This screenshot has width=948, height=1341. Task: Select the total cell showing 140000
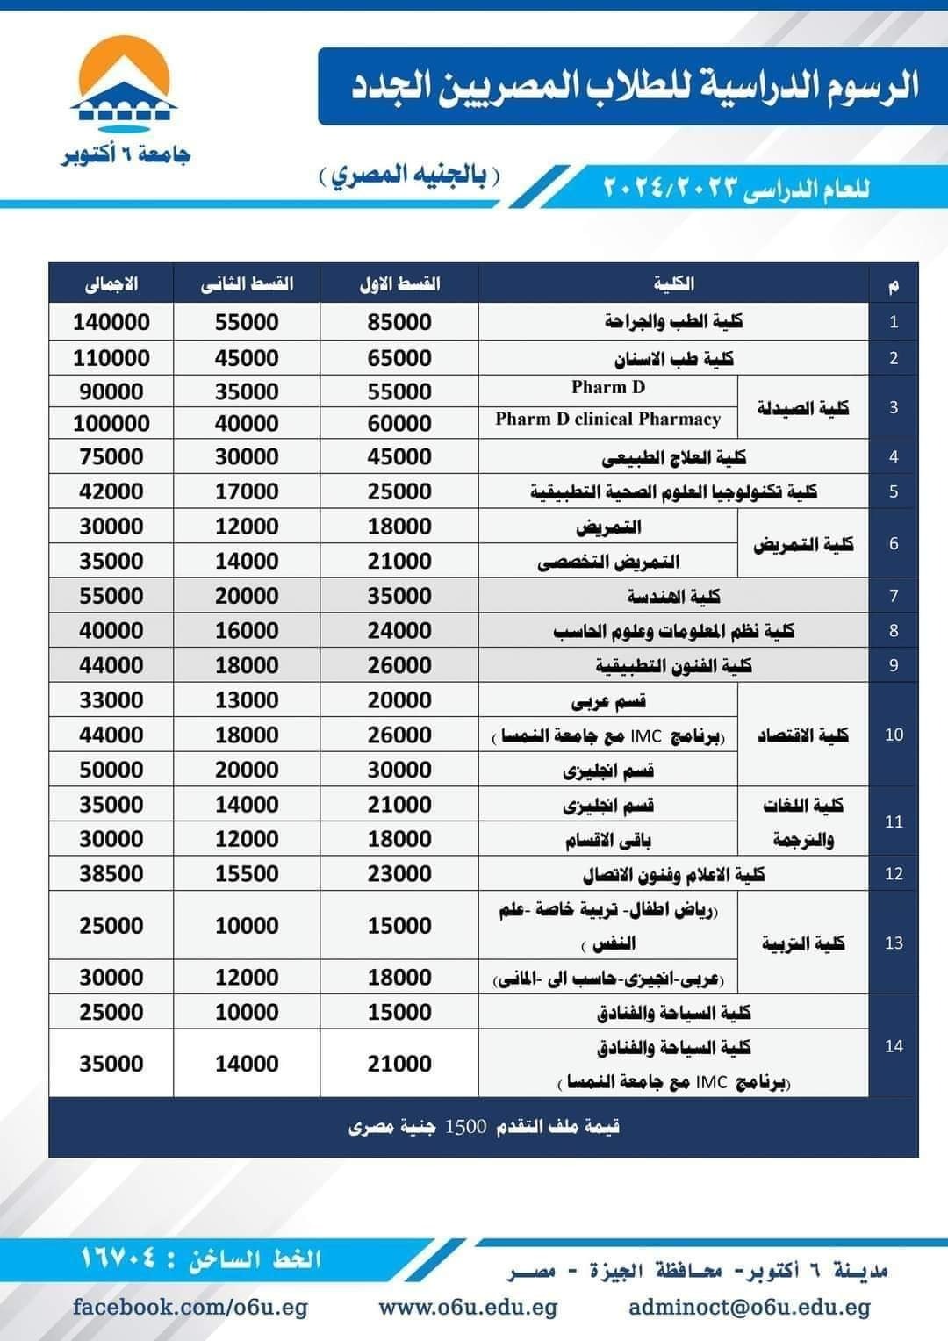111,322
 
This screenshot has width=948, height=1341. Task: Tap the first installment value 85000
399,322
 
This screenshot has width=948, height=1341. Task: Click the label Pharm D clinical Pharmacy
607,420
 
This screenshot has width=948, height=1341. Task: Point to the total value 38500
111,874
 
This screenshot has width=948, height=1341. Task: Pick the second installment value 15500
247,874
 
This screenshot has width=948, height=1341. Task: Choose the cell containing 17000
247,491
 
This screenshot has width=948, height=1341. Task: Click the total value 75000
111,456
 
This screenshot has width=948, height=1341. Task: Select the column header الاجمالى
111,284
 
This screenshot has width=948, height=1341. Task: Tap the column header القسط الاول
399,284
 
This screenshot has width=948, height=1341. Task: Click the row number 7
894,596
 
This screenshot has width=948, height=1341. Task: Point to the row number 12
894,874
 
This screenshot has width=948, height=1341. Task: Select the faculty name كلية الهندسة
673,596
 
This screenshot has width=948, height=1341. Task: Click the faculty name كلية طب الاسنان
673,358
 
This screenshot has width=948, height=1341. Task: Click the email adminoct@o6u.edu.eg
750,1308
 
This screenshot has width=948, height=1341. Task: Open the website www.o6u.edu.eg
468,1308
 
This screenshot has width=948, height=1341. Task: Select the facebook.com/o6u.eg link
190,1308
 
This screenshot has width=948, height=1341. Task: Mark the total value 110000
111,358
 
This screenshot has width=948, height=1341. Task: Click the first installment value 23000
399,874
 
